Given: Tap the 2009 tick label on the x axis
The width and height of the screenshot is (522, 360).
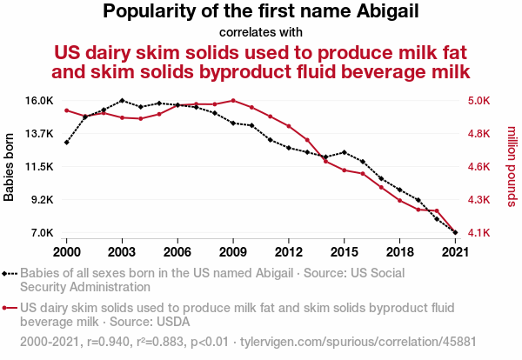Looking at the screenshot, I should point(233,251).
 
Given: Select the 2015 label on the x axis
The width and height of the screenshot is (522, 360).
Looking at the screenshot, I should point(345,251).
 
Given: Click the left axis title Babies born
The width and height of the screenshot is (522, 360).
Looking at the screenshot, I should point(10,166).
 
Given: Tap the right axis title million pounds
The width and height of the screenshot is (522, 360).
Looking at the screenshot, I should point(511,166).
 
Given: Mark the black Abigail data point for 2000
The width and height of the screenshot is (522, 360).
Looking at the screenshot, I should point(66,142).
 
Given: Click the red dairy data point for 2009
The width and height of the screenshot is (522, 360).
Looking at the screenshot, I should point(233,101).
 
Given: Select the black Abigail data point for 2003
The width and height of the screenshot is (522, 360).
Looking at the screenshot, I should point(122,101).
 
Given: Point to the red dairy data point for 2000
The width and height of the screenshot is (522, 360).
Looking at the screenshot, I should point(66,110).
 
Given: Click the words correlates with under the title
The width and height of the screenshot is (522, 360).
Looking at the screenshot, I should point(261,33).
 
